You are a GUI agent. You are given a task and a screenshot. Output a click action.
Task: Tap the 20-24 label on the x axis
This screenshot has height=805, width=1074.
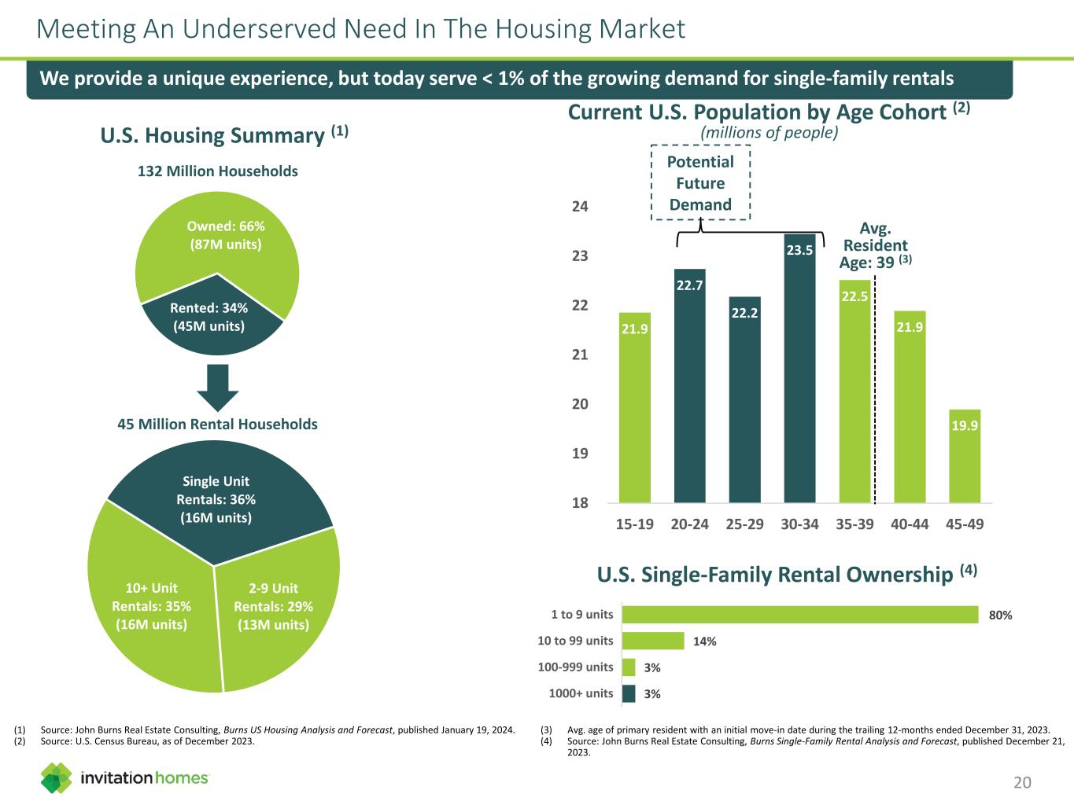click(x=690, y=524)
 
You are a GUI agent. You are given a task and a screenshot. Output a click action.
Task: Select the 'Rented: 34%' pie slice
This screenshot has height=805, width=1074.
click(x=211, y=318)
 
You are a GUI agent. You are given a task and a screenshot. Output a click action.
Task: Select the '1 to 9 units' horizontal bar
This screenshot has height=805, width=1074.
click(x=799, y=615)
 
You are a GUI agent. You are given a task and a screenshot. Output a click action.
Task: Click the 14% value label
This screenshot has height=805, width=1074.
click(x=704, y=641)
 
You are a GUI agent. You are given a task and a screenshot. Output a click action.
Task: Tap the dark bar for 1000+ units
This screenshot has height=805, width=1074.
click(x=629, y=693)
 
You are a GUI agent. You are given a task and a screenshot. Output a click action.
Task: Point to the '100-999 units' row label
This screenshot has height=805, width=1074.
click(x=575, y=667)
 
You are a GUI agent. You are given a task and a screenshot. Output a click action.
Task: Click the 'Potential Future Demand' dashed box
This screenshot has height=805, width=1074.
click(x=700, y=183)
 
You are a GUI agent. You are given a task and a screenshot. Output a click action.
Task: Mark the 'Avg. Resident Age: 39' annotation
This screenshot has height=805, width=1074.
click(x=874, y=246)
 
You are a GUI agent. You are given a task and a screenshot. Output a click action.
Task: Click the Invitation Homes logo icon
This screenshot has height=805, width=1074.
click(x=57, y=777)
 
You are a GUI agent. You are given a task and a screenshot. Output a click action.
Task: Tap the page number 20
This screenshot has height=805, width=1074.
click(x=1022, y=782)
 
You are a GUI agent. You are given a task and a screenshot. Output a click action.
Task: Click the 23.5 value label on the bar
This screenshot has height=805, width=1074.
click(x=799, y=251)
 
